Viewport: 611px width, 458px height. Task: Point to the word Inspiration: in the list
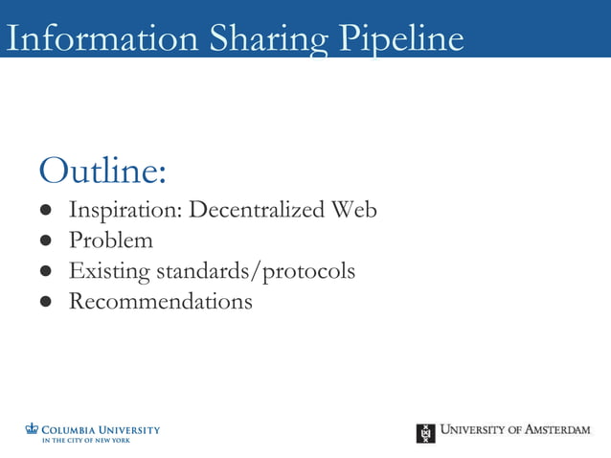click(x=124, y=210)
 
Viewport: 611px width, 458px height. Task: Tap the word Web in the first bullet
click(x=354, y=210)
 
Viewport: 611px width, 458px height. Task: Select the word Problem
click(x=110, y=240)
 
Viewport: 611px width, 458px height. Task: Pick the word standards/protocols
click(x=255, y=271)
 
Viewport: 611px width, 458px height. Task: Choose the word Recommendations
click(x=160, y=302)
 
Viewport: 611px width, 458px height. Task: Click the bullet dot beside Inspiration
click(x=45, y=211)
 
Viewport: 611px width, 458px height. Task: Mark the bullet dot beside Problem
click(x=45, y=241)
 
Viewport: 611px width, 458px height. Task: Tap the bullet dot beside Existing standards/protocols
click(x=45, y=272)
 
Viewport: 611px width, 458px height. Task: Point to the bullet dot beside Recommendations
click(x=45, y=303)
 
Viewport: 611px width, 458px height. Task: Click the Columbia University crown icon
click(x=32, y=429)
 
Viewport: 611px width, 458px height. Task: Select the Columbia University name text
click(x=101, y=430)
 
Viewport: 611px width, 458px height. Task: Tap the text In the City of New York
click(x=85, y=440)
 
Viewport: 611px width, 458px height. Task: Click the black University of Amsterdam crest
click(x=425, y=433)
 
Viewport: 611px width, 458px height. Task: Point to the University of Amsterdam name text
click(x=515, y=430)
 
